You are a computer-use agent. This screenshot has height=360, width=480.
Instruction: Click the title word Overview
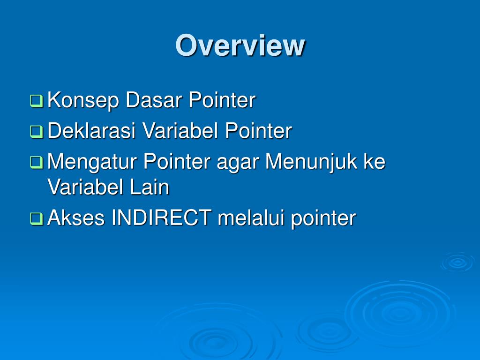click(x=240, y=45)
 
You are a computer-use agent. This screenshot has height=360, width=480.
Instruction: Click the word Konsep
click(x=83, y=101)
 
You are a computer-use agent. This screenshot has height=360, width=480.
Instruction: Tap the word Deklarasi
click(x=92, y=131)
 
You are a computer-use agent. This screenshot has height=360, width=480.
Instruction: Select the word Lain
click(x=150, y=187)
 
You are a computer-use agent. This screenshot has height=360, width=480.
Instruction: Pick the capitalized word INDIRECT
click(x=162, y=217)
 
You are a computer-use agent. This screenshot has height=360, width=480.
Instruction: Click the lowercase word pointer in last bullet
click(x=323, y=219)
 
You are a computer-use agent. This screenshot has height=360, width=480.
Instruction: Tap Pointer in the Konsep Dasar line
click(x=222, y=100)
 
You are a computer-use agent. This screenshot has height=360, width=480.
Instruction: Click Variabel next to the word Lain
click(x=85, y=187)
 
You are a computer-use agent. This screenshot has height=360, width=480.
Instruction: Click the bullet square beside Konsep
click(x=37, y=101)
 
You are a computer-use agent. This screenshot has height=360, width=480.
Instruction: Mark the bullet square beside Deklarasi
click(x=37, y=132)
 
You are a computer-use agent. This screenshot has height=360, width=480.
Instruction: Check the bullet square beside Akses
click(x=37, y=219)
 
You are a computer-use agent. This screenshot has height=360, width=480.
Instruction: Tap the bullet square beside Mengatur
click(x=37, y=163)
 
